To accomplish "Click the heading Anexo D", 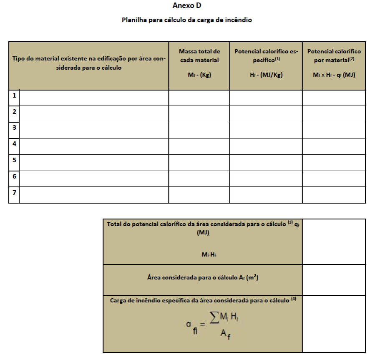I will point(187,6).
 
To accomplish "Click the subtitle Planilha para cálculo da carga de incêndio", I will point(187,20).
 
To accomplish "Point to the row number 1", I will point(14,96).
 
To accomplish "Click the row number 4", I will point(14,144).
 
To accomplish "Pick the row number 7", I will point(14,193).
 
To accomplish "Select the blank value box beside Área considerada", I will point(334,279).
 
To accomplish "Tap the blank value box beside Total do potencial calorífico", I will point(334,242).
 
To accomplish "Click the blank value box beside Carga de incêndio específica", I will point(334,323).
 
